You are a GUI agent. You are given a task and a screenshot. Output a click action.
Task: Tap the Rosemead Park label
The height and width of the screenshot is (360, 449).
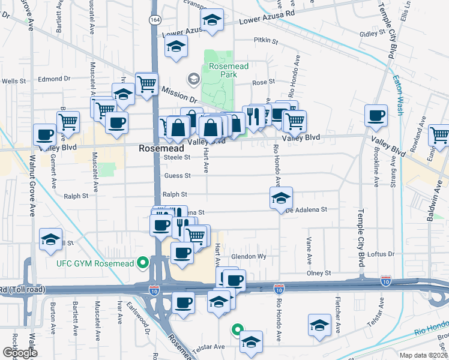coord(223,70)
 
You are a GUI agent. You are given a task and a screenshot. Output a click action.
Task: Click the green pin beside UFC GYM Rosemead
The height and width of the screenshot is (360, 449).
coord(143,263)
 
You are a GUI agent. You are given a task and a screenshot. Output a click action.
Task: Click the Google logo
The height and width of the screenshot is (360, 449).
coord(19,353)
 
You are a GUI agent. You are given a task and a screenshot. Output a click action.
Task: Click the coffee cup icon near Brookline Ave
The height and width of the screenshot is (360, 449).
coord(376,115)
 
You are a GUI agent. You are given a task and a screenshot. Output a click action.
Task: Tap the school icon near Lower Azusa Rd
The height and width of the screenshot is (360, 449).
coord(211,21)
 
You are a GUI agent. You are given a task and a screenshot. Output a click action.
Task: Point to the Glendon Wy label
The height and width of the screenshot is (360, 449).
coord(249,256)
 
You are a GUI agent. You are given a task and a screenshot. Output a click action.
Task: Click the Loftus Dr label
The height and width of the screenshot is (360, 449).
coord(381,254)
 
